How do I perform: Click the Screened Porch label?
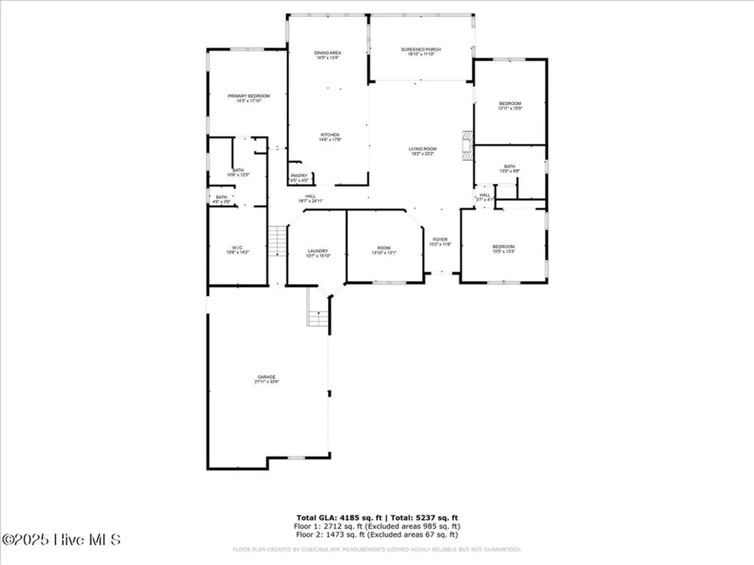(421, 49)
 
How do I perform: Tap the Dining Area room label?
(327, 53)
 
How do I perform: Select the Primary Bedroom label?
(248, 96)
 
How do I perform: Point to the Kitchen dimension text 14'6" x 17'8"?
(330, 140)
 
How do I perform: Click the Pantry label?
(299, 176)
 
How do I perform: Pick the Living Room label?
(422, 149)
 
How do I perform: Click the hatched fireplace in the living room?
(467, 146)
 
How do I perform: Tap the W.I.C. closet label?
(237, 248)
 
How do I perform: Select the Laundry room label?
(318, 251)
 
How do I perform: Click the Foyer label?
(440, 240)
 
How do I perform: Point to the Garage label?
(267, 377)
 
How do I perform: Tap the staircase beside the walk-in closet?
(277, 241)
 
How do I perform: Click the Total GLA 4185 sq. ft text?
(339, 518)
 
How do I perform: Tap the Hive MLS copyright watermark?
(61, 540)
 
